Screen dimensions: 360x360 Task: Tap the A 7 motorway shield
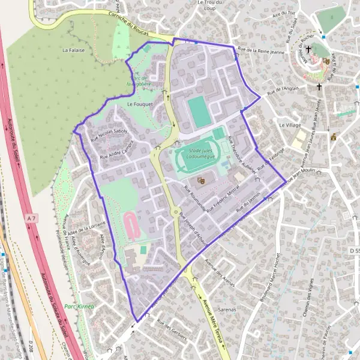point(31,220)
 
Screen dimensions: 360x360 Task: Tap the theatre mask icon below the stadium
point(202,179)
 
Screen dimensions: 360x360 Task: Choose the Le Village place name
point(290,125)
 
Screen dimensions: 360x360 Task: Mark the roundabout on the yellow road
point(176,212)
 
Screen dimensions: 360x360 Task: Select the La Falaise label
point(73,50)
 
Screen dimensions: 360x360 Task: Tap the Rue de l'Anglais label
point(283,91)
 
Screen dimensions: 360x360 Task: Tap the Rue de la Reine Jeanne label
point(260,51)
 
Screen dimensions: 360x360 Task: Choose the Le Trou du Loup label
point(210,5)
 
